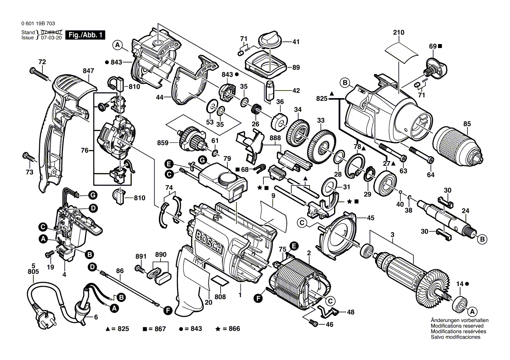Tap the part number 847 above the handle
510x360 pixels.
coord(88,71)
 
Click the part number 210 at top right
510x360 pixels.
coord(399,32)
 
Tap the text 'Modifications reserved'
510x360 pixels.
coord(457,326)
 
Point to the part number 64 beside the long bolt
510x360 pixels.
coord(431,175)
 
